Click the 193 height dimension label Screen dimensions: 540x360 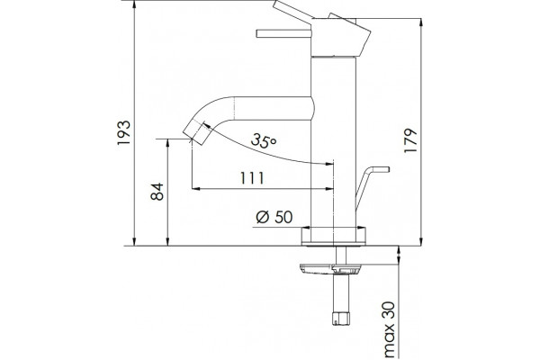pyautogui.click(x=124, y=133)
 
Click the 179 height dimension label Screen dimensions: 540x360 pyautogui.click(x=410, y=141)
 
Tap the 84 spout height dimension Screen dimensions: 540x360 pyautogui.click(x=157, y=192)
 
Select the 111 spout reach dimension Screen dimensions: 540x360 pyautogui.click(x=252, y=178)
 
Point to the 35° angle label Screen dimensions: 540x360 pyautogui.click(x=264, y=140)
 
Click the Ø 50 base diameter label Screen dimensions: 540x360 pyautogui.click(x=274, y=217)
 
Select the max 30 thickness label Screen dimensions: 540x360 pyautogui.click(x=389, y=329)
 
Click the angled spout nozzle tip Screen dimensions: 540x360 pyautogui.click(x=196, y=132)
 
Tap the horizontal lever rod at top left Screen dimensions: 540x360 pyautogui.click(x=283, y=33)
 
